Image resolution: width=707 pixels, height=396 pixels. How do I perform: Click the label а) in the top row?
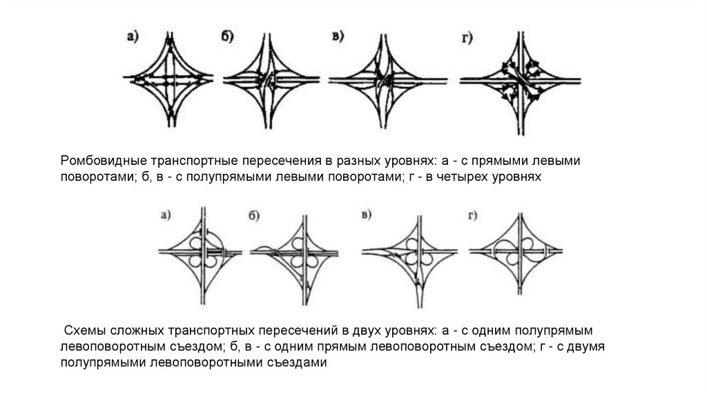tap(133, 38)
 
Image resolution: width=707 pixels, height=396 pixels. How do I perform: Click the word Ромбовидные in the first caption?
tap(101, 161)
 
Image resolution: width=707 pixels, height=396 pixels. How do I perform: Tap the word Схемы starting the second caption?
tap(85, 330)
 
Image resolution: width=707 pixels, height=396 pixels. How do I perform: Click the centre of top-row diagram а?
tap(169, 80)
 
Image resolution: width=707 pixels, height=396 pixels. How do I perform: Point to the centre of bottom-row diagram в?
tap(418, 254)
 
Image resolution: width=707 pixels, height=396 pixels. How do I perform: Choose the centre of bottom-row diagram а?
tap(204, 253)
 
